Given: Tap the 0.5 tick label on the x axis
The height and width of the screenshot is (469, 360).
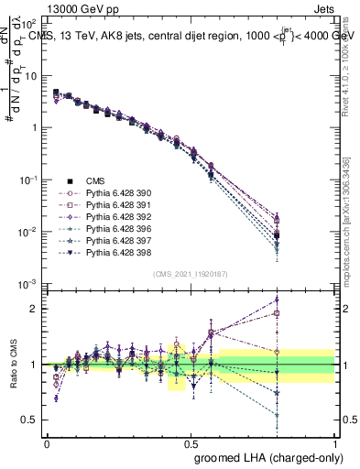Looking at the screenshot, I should pos(191,442).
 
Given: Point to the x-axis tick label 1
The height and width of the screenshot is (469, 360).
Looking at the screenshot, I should pos(334,442).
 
